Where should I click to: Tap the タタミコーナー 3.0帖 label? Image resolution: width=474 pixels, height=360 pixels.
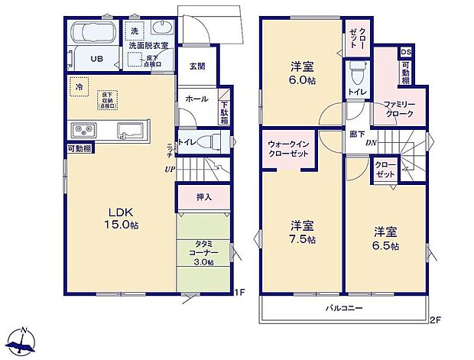[x=203, y=251]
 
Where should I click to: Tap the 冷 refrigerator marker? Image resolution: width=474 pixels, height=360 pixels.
[x=79, y=88]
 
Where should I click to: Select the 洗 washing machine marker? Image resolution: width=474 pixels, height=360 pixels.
[x=134, y=31]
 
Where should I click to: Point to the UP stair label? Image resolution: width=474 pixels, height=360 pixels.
[x=172, y=169]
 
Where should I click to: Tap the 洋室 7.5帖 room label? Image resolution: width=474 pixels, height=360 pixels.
[x=302, y=232]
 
